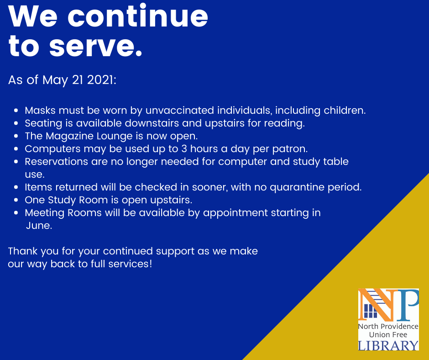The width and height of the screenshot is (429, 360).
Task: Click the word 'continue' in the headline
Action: click(138, 16)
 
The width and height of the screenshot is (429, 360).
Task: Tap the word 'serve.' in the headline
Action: click(96, 46)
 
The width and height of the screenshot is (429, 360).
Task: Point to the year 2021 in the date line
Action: click(101, 80)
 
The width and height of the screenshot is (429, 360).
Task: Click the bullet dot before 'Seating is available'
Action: click(16, 123)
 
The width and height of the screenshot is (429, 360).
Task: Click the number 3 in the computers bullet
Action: click(184, 149)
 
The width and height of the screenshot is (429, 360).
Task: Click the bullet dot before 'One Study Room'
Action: click(16, 200)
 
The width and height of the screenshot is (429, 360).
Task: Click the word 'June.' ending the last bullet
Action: click(39, 226)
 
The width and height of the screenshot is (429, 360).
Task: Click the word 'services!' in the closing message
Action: click(130, 264)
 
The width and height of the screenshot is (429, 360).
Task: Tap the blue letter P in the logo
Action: click(407, 305)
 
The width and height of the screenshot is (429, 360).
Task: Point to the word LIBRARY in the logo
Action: click(388, 345)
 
